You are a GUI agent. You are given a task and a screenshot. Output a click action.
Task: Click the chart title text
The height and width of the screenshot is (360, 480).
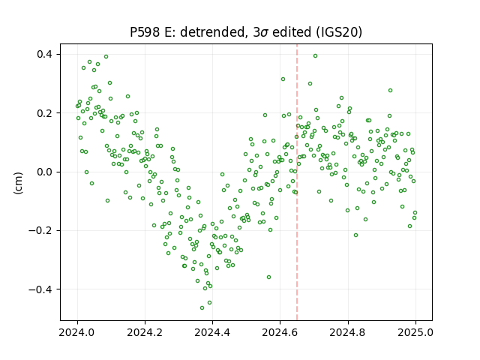pos(246,32)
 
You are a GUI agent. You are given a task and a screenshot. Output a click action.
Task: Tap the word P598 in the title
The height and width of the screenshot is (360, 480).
pos(145,32)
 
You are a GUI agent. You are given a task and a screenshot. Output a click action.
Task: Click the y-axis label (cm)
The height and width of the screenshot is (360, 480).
pos(18,183)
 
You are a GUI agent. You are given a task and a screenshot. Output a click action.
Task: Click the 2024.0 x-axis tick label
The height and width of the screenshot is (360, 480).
pos(77,332)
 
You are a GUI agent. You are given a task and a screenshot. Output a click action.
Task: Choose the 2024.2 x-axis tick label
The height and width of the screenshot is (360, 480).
pos(145,332)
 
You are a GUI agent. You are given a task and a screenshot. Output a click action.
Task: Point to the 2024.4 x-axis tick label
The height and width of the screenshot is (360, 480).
pos(212,332)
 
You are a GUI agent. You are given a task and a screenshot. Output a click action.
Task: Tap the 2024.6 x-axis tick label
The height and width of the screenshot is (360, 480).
pos(280,332)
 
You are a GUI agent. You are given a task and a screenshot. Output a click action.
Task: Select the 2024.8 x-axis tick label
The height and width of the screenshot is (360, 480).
pos(347,332)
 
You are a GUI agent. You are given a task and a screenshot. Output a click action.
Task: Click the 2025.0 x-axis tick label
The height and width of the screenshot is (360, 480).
pos(415,332)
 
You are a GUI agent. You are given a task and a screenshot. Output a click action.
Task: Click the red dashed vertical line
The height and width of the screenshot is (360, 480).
pos(297,182)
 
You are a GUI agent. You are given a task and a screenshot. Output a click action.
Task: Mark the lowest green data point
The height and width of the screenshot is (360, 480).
pos(202,307)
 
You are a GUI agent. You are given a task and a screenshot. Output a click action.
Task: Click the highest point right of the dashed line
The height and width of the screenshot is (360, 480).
pos(315,56)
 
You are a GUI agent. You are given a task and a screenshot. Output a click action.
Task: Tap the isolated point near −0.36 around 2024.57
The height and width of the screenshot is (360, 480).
pos(268,277)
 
